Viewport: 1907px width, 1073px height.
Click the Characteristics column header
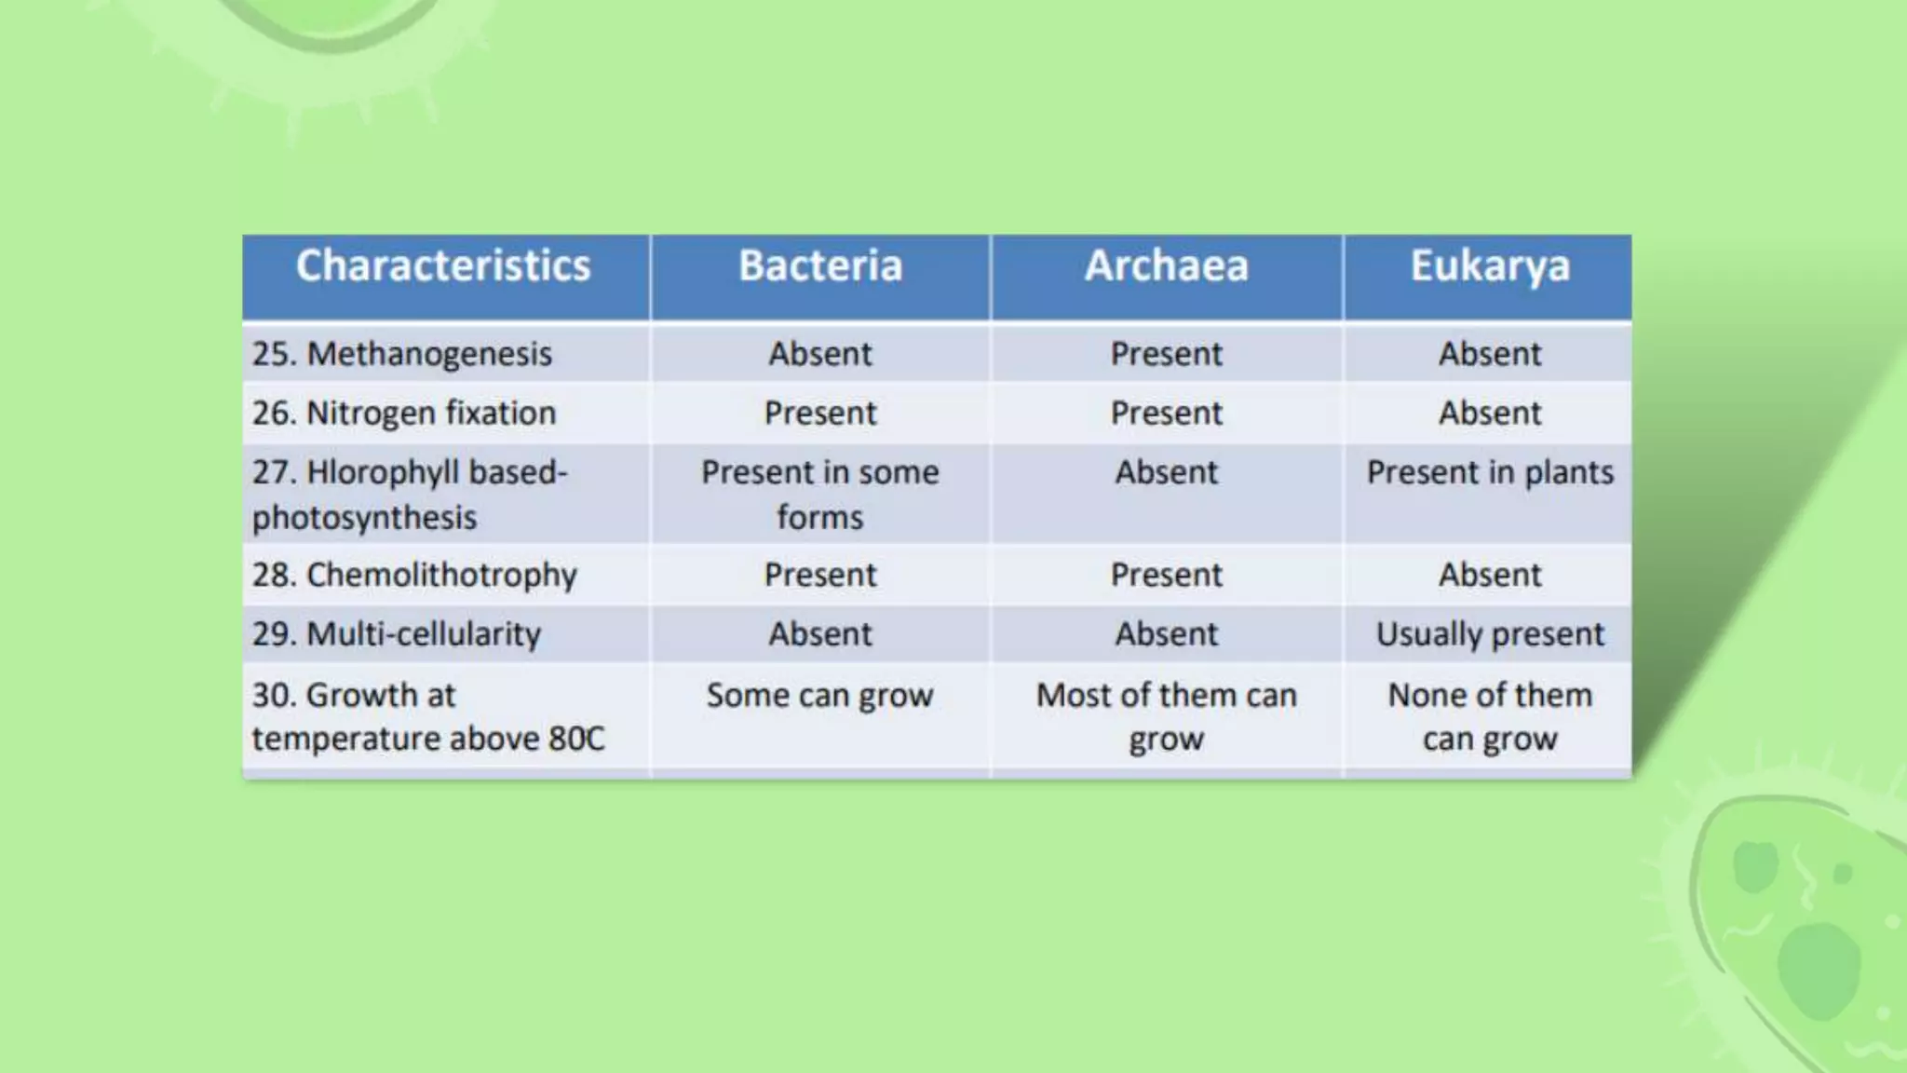click(x=443, y=266)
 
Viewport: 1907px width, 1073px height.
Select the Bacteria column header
click(x=820, y=266)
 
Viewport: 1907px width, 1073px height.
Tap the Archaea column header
click(x=1166, y=266)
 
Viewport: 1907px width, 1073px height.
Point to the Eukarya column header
click(x=1489, y=266)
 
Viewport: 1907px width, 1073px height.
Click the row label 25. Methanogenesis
click(x=402, y=354)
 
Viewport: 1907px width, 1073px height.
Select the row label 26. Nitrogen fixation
click(x=404, y=413)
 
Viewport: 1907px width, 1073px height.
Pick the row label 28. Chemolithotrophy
click(x=414, y=575)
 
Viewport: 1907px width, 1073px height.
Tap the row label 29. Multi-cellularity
click(x=397, y=634)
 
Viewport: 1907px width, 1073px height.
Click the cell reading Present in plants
click(x=1489, y=473)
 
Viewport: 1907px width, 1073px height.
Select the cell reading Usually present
click(x=1489, y=634)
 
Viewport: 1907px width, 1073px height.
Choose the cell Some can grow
click(x=819, y=696)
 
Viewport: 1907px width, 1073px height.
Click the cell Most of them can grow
click(x=1166, y=716)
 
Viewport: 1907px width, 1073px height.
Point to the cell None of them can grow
click(x=1489, y=716)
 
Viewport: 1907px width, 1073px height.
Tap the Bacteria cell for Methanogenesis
click(x=819, y=354)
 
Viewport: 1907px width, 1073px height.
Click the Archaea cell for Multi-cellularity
click(x=1166, y=634)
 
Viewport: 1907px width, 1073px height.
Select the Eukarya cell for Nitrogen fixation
click(x=1489, y=413)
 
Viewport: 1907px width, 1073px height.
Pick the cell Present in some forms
click(x=819, y=494)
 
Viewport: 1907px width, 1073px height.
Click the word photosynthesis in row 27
click(x=364, y=518)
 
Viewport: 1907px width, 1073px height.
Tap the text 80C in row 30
click(x=576, y=739)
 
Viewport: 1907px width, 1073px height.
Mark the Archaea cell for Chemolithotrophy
click(x=1166, y=575)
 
